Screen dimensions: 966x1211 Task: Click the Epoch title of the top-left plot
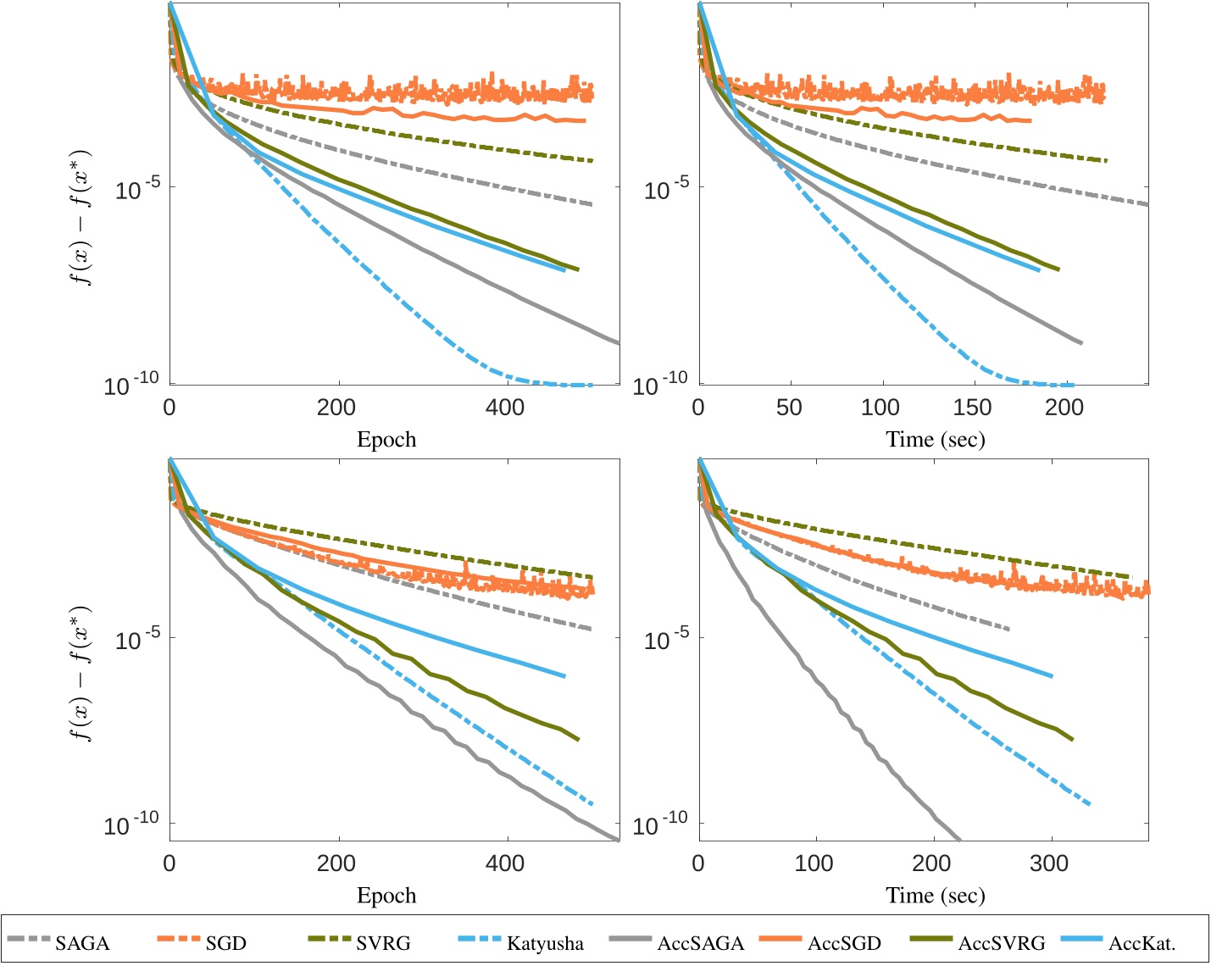(x=386, y=440)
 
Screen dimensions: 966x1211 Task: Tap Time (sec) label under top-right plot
(x=936, y=440)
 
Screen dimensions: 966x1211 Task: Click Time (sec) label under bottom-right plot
(x=936, y=896)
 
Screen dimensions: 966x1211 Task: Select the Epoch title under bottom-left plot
(x=386, y=896)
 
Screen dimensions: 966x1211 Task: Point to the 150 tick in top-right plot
(x=972, y=408)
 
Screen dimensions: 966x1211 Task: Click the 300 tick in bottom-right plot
(x=1049, y=863)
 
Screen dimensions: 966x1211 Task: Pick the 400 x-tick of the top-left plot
(x=504, y=408)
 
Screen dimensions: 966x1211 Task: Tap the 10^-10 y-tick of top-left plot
(x=131, y=386)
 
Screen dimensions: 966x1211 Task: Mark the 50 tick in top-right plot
(x=788, y=408)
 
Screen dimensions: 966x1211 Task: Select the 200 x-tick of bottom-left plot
(x=336, y=863)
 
